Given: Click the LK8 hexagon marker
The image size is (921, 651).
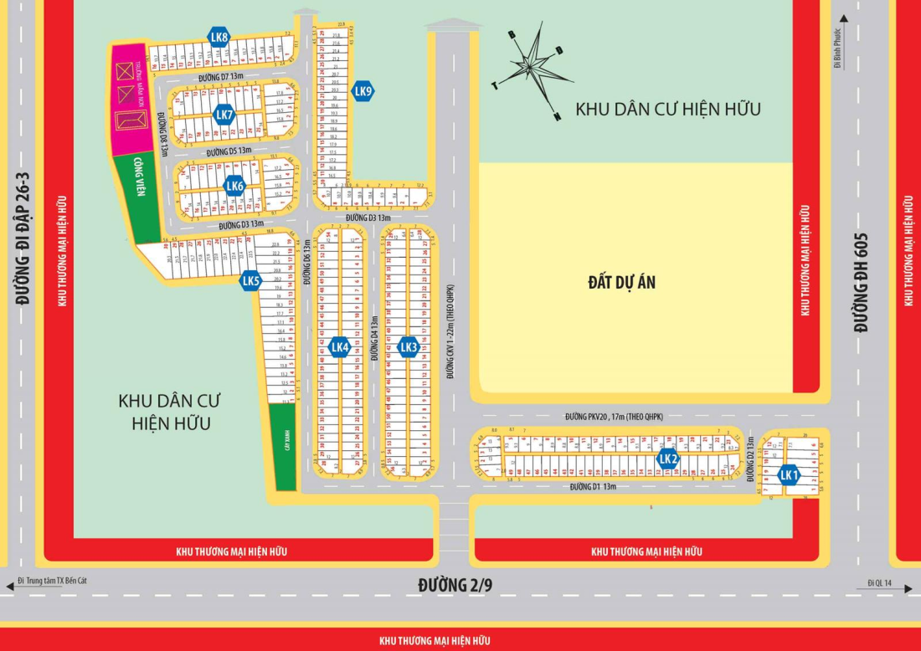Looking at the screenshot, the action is (x=220, y=37).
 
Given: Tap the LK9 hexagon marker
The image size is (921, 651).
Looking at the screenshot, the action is (x=363, y=91).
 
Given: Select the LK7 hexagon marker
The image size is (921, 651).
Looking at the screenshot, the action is (x=224, y=115).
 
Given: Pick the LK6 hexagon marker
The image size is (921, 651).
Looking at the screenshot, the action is (x=234, y=187).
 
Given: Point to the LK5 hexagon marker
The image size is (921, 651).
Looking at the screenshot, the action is (x=250, y=281).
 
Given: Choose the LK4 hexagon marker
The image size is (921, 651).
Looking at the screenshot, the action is (x=339, y=347).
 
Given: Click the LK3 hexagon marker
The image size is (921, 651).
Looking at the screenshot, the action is (x=408, y=347).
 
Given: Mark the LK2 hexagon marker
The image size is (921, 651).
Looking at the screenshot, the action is (x=667, y=459).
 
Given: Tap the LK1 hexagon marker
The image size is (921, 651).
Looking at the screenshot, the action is (x=788, y=475).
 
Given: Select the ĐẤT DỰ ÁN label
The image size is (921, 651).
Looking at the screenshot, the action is (x=621, y=282).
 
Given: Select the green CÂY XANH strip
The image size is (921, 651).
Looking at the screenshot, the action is (x=286, y=448).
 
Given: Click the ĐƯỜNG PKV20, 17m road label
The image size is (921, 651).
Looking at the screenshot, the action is (x=614, y=417).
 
